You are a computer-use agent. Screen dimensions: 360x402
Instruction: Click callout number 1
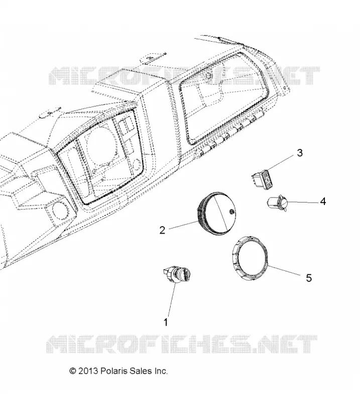(166, 322)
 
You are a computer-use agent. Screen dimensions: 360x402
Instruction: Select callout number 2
(162, 230)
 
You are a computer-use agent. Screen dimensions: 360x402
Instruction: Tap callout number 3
(300, 153)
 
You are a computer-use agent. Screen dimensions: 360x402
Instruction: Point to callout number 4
(323, 202)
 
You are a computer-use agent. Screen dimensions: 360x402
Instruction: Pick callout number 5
(309, 278)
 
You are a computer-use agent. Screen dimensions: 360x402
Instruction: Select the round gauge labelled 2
(216, 213)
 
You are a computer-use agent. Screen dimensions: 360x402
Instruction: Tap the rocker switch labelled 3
(262, 179)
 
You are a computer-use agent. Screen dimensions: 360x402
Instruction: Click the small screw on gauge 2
(231, 211)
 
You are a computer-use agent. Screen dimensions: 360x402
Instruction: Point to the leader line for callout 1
(172, 300)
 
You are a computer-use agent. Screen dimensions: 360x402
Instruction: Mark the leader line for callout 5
(284, 270)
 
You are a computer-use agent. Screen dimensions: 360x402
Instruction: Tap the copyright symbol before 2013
(73, 371)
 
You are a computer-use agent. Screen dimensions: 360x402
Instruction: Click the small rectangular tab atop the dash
(153, 58)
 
